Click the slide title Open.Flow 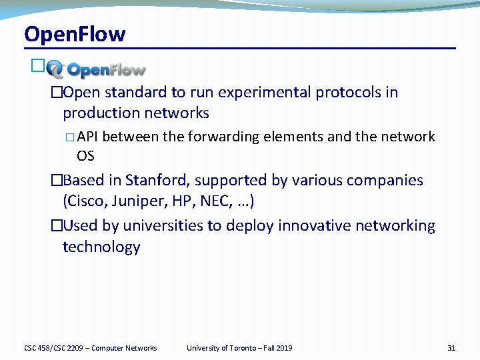(x=74, y=34)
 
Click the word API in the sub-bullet (x=88, y=137)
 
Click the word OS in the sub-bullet (x=85, y=155)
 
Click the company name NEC (x=212, y=201)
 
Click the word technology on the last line (x=101, y=247)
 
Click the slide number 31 (x=451, y=348)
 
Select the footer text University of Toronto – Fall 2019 (x=239, y=348)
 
